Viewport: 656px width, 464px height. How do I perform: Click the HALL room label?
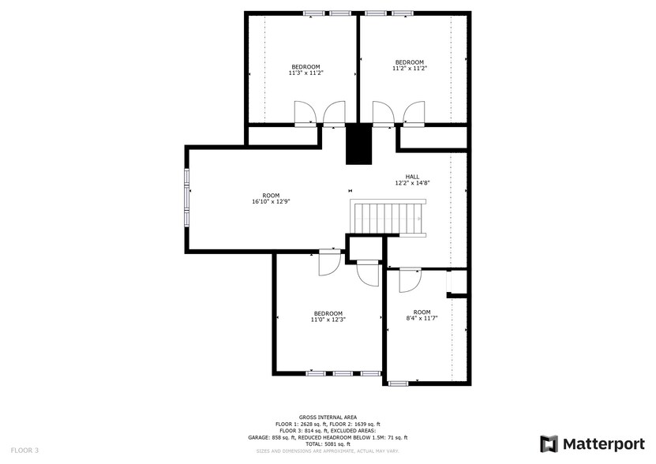(412, 177)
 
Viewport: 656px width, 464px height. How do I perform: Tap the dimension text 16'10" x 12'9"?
(271, 201)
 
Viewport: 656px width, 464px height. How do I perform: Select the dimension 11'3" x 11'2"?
(306, 73)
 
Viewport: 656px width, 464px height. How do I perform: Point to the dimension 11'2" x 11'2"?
(410, 68)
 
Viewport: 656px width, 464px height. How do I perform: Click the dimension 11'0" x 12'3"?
(328, 320)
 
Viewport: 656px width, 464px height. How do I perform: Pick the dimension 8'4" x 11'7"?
(422, 318)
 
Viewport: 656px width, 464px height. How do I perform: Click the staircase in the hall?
(388, 218)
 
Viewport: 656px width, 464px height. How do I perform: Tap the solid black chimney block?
(358, 144)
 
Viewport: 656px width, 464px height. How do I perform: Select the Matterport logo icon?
(549, 444)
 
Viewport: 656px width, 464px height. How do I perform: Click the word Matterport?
(603, 444)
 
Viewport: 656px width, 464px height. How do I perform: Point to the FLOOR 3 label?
(24, 451)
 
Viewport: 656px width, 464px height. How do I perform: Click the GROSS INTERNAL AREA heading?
(328, 417)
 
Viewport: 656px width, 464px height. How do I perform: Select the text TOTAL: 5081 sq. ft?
(328, 444)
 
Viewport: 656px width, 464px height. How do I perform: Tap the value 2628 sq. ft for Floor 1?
(313, 424)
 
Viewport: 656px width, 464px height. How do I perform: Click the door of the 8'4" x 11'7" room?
(410, 280)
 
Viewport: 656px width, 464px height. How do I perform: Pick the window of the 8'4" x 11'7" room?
(398, 383)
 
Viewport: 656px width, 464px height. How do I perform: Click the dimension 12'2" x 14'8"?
(412, 183)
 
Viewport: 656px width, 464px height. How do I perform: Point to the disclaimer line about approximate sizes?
(328, 451)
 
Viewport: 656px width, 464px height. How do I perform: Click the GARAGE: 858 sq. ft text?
(272, 438)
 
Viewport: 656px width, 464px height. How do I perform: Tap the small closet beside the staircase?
(365, 249)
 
